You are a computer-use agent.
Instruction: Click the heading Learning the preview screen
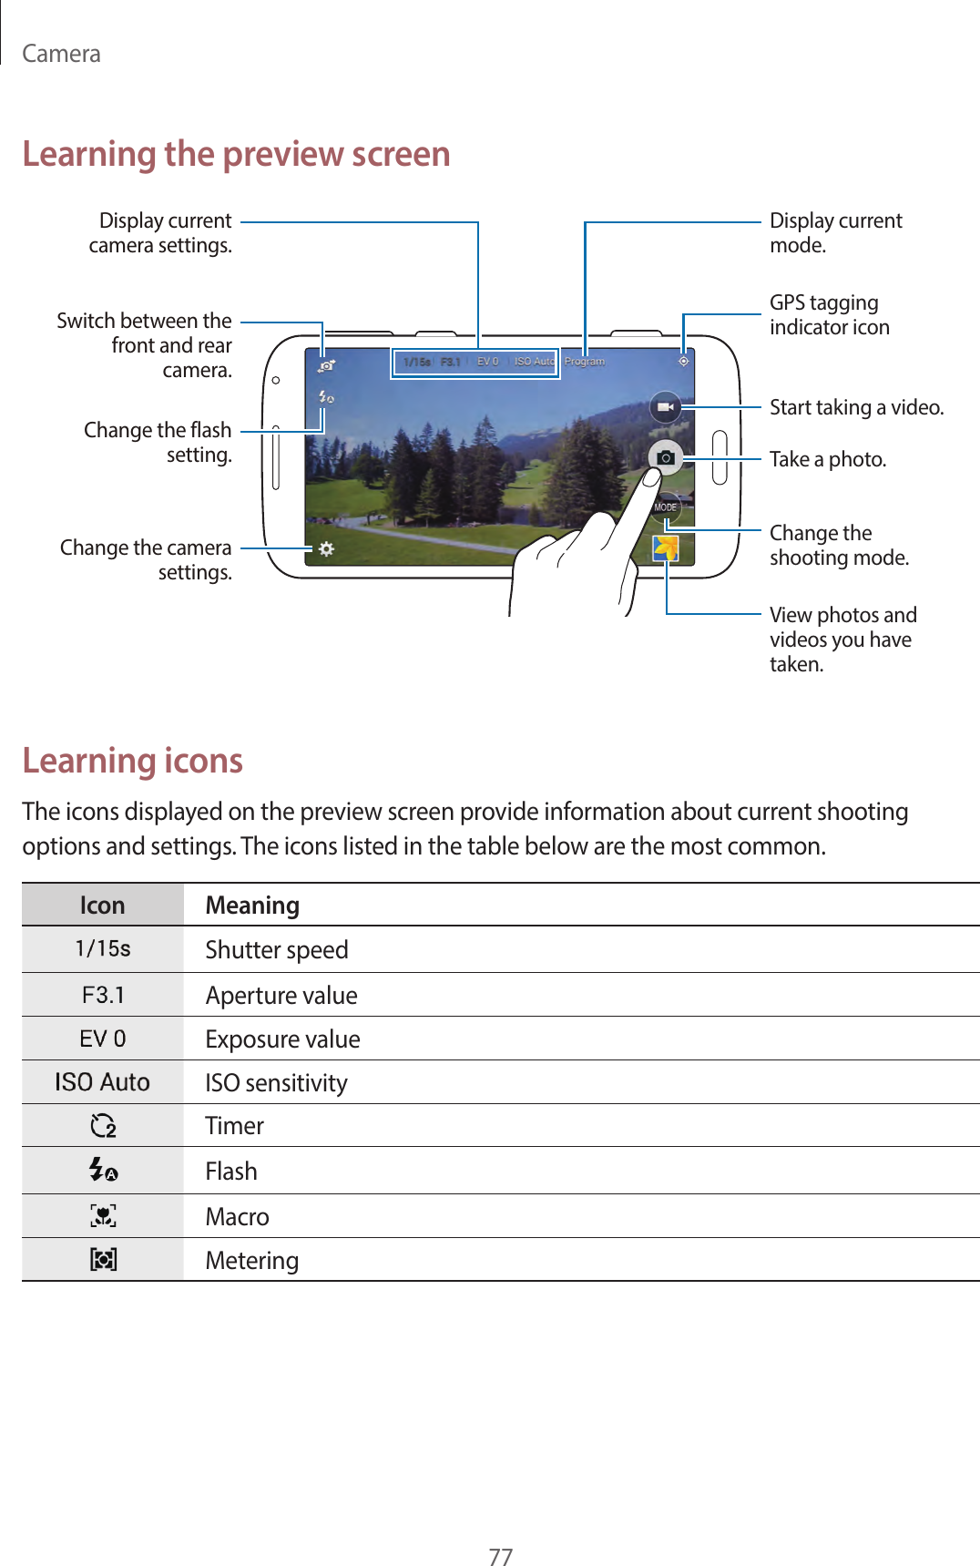point(236,154)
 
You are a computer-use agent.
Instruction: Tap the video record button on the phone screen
point(666,406)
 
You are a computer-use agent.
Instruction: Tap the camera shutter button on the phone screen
point(666,457)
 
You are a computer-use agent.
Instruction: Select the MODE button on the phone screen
point(666,507)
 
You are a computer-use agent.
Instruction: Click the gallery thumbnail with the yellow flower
point(666,548)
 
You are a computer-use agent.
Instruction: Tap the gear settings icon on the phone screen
point(326,548)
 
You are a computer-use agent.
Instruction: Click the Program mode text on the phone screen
point(584,362)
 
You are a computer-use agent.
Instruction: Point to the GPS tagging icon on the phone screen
point(683,362)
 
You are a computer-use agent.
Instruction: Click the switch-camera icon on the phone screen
point(326,365)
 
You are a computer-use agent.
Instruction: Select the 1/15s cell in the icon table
point(103,949)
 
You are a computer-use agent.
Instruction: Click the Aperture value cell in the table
point(281,995)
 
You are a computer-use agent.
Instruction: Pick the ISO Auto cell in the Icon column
point(102,1082)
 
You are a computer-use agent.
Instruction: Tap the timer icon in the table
point(103,1126)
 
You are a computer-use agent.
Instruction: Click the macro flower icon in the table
point(103,1215)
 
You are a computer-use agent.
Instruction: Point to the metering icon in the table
point(103,1260)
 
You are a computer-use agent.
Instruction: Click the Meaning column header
point(252,906)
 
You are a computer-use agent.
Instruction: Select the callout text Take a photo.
point(827,459)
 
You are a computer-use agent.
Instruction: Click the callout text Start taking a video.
point(856,407)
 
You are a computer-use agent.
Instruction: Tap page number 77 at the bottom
point(500,1556)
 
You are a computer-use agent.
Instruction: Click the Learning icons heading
point(133,761)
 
